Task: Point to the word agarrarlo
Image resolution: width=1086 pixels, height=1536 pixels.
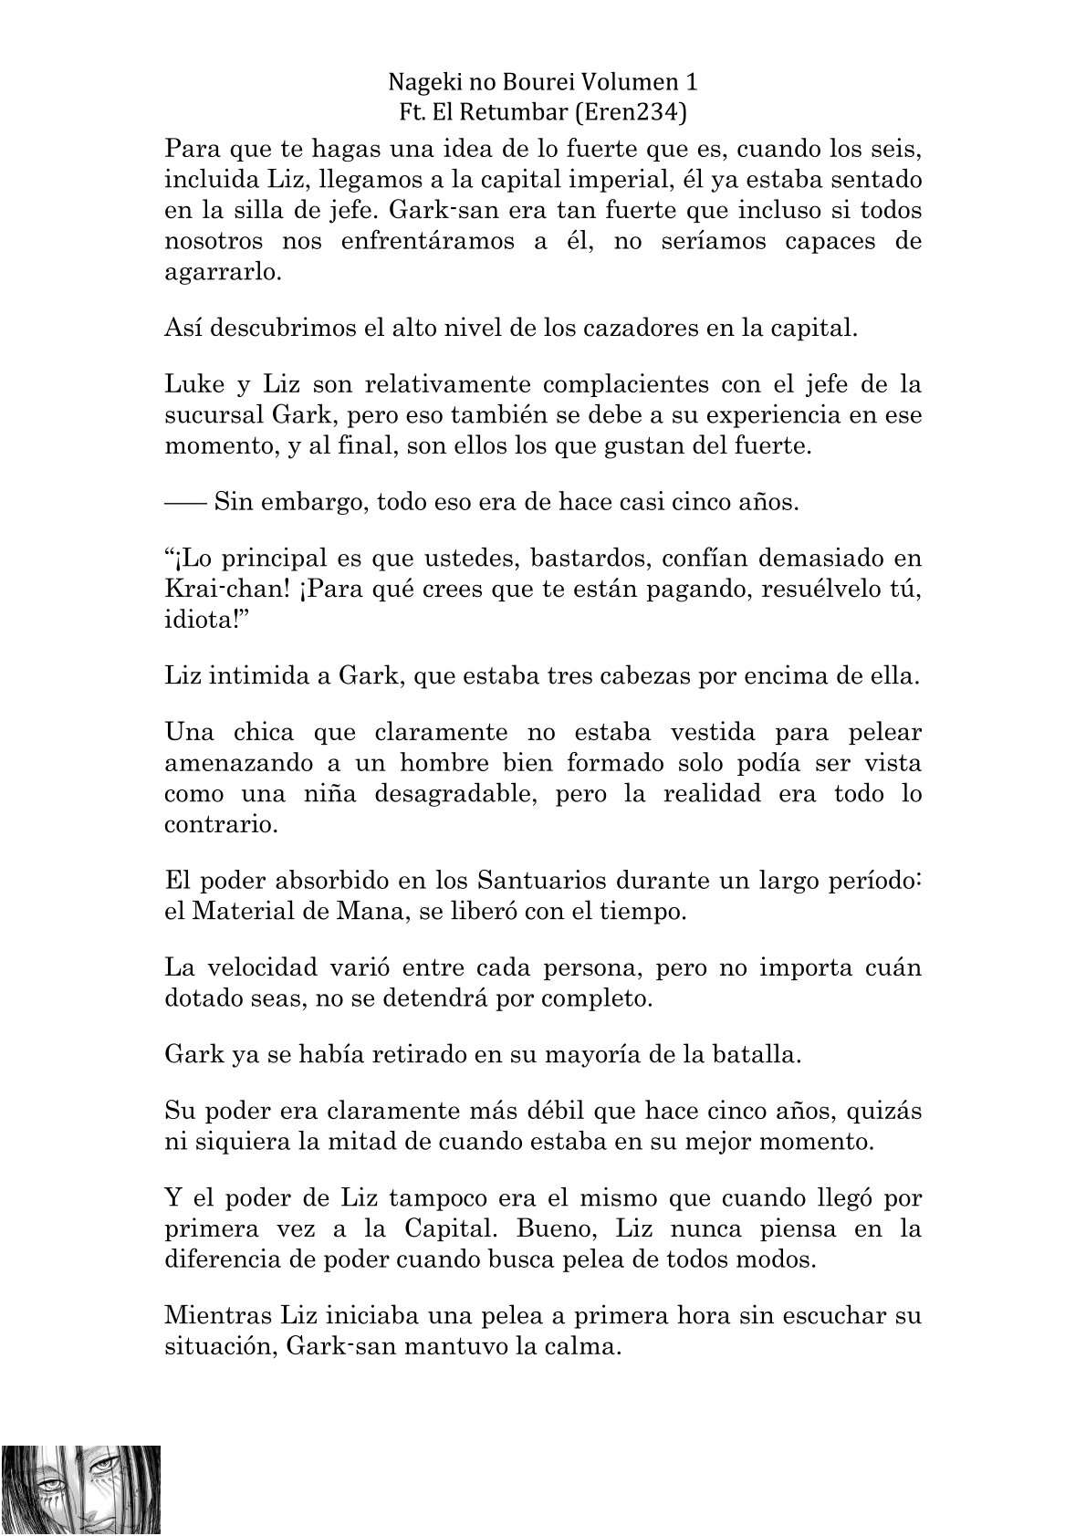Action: tap(219, 273)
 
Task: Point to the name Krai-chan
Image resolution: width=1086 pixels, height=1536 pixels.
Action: tap(224, 590)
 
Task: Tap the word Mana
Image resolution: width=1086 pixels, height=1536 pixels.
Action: tap(369, 911)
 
